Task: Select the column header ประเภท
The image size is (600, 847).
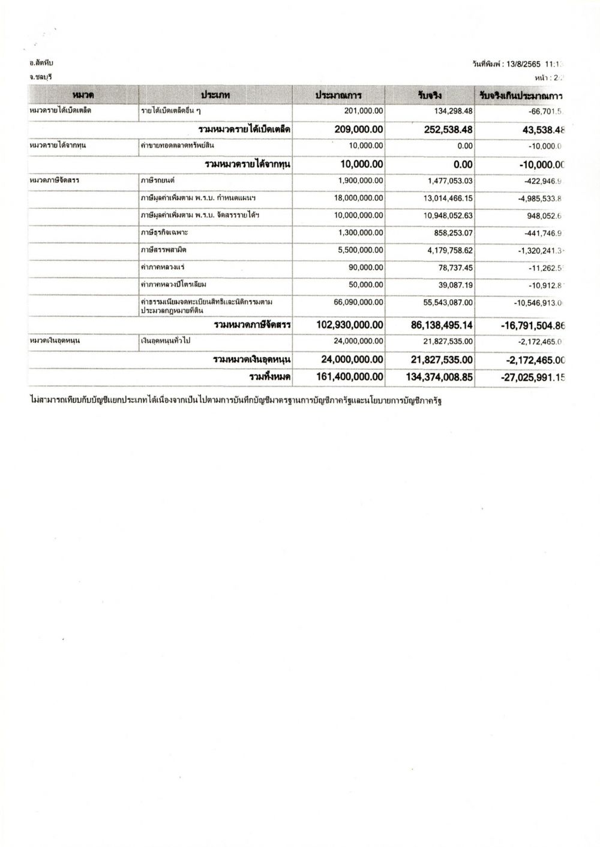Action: [215, 95]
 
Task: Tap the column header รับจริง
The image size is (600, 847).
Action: [430, 95]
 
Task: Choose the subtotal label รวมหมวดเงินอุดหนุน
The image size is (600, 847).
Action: [251, 360]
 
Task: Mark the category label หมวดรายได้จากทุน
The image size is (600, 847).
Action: [56, 146]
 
